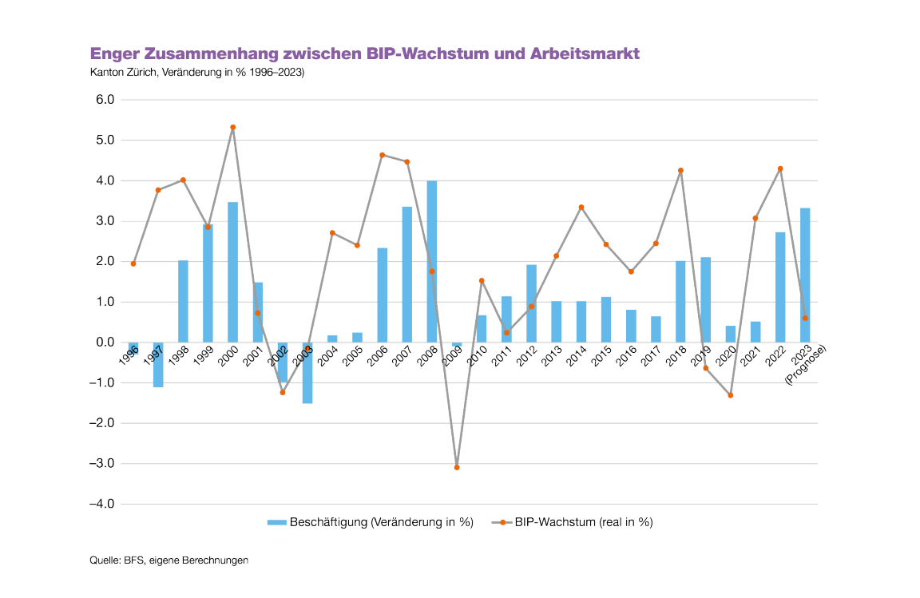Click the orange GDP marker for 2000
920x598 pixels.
(x=233, y=128)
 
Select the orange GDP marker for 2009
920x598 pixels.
(x=457, y=467)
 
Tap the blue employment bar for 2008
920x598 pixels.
(x=432, y=262)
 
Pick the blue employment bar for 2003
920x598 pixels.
(x=307, y=373)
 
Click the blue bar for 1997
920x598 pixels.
(x=158, y=365)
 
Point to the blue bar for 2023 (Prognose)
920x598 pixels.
(x=806, y=275)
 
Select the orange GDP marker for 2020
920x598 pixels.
(x=731, y=395)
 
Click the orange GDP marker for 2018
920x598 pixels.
(x=680, y=171)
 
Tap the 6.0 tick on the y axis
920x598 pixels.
(x=106, y=100)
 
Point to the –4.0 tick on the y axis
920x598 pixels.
(x=103, y=505)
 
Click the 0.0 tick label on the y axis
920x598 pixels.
(x=106, y=343)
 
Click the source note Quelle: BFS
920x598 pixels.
(x=169, y=560)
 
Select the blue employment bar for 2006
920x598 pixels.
(x=383, y=295)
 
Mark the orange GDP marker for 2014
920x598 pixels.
(x=581, y=208)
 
